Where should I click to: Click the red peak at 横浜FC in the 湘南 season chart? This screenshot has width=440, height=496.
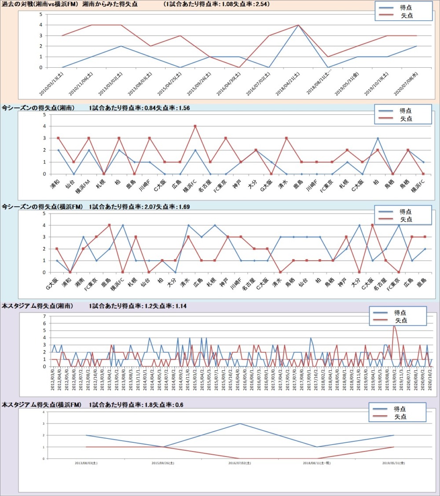[195, 126]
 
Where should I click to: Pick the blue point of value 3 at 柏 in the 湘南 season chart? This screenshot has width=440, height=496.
[378, 138]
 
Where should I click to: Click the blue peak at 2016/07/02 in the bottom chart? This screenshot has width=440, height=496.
[240, 423]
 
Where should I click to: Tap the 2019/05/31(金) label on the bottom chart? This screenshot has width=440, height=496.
[394, 463]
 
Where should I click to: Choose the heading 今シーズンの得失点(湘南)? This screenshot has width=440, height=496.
[38, 108]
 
